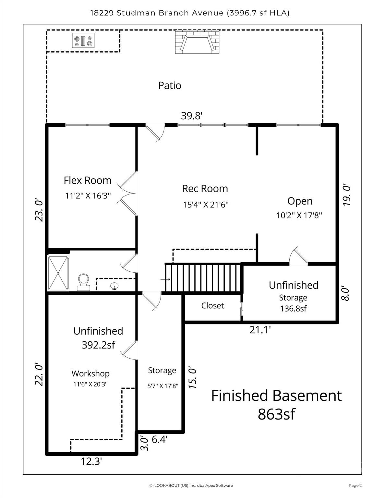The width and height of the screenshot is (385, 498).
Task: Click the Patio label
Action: [169, 86]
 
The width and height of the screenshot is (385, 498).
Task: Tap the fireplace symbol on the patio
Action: [197, 42]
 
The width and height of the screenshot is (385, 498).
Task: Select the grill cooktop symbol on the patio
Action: [83, 41]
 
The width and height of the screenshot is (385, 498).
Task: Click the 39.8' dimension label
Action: [192, 116]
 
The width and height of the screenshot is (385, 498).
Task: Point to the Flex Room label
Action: [87, 180]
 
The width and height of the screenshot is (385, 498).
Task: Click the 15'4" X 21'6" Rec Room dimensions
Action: [206, 205]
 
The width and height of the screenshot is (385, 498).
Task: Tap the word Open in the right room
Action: [300, 201]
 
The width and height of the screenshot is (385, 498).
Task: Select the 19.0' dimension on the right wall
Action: [347, 195]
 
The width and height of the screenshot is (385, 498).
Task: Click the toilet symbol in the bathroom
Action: [83, 282]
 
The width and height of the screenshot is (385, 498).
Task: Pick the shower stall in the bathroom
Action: [58, 273]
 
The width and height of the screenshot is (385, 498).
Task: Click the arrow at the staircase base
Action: [165, 279]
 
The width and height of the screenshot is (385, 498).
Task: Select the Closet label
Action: [212, 306]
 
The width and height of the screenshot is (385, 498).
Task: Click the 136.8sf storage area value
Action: [293, 309]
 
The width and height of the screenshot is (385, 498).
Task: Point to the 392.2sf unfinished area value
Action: [98, 345]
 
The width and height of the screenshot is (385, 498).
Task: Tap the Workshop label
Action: [90, 373]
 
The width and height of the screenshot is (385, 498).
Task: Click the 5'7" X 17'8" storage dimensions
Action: [163, 386]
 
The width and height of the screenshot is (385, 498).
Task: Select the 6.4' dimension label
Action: [159, 440]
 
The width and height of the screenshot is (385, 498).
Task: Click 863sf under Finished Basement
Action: [276, 414]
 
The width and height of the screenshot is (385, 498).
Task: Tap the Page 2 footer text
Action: [355, 485]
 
